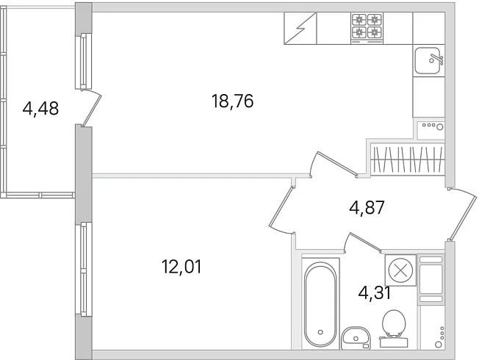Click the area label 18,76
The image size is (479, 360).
tap(232, 101)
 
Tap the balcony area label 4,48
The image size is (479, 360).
tap(40, 109)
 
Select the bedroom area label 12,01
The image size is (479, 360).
tap(181, 267)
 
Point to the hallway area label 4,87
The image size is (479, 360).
tap(367, 208)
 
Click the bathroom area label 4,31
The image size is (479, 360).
tap(375, 293)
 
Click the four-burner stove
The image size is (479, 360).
tap(367, 29)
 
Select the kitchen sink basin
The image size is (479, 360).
tap(428, 60)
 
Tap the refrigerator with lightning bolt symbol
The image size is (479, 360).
tap(300, 29)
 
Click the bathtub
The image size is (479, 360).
tap(320, 303)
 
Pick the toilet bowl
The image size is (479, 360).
tap(394, 328)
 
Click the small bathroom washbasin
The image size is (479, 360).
tap(356, 338)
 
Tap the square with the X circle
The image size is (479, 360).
tap(400, 270)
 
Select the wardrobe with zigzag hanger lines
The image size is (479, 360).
tap(408, 159)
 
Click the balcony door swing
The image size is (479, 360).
tap(91, 107)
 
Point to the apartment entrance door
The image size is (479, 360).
tap(462, 214)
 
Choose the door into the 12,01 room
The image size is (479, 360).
tap(281, 209)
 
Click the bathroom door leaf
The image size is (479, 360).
tap(364, 242)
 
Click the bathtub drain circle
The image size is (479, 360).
tap(320, 332)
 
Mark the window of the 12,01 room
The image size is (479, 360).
tap(84, 270)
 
